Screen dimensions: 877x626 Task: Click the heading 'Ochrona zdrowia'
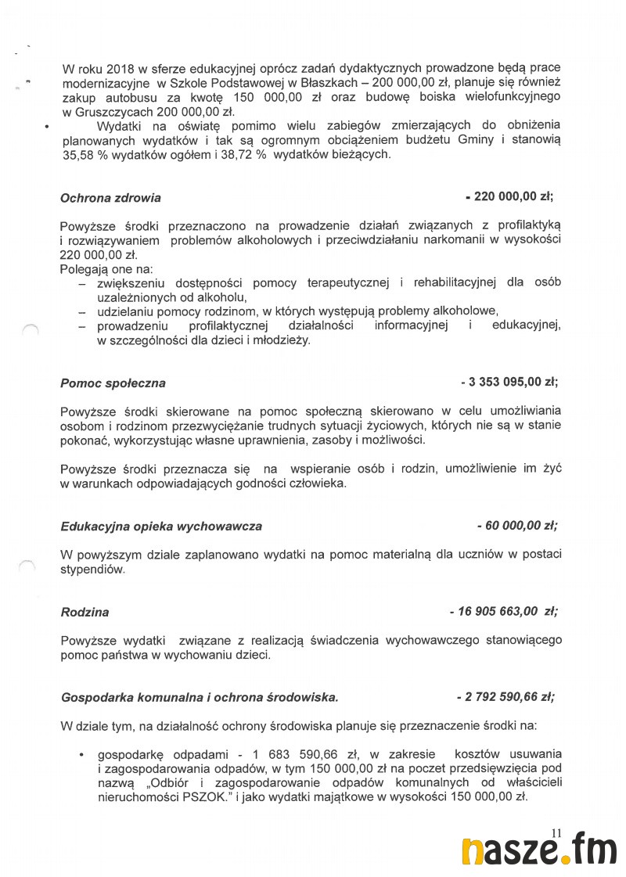coord(110,199)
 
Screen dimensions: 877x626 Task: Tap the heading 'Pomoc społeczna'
coord(113,383)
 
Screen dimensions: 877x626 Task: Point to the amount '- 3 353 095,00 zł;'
coord(509,383)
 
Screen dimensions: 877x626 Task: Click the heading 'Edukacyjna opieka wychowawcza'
coord(161,527)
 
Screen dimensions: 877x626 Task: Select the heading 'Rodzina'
coord(85,612)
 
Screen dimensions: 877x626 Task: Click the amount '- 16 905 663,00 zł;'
coord(503,611)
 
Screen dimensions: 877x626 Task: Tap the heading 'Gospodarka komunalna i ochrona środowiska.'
coord(200,697)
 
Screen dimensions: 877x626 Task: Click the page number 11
coord(557,832)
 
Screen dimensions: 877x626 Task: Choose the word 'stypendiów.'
coord(92,570)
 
